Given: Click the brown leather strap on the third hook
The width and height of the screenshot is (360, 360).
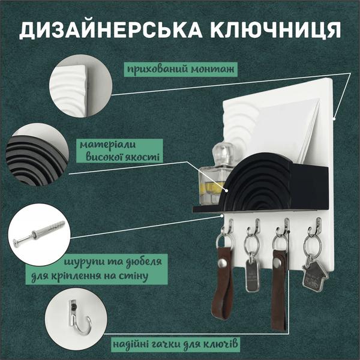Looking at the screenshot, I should (280, 288).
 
